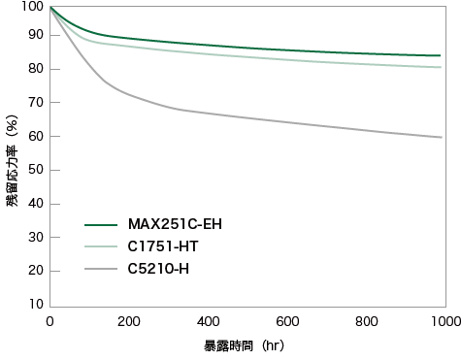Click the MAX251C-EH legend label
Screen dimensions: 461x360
pyautogui.click(x=175, y=224)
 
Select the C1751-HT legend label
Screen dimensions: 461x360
pyautogui.click(x=163, y=246)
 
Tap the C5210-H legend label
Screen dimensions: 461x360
pyautogui.click(x=158, y=269)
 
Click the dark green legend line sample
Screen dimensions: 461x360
pyautogui.click(x=101, y=225)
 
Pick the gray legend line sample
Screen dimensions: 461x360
pyautogui.click(x=101, y=269)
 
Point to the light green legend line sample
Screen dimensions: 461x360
pyautogui.click(x=101, y=246)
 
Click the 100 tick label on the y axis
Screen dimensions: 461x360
pyautogui.click(x=32, y=6)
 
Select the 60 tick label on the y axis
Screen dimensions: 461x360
pyautogui.click(x=36, y=136)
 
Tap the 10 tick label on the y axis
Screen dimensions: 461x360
pyautogui.click(x=36, y=304)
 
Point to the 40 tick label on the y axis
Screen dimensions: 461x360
pyautogui.click(x=36, y=204)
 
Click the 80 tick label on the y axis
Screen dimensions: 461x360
pyautogui.click(x=36, y=69)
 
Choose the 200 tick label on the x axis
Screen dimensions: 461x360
pyautogui.click(x=129, y=321)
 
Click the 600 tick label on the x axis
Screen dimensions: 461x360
pyautogui.click(x=287, y=321)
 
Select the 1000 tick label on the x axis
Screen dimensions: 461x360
pyautogui.click(x=446, y=321)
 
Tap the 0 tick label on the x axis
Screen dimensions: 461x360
pyautogui.click(x=49, y=321)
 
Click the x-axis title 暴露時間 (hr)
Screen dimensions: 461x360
pyautogui.click(x=245, y=346)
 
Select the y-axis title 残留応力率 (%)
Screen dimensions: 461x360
pyautogui.click(x=12, y=161)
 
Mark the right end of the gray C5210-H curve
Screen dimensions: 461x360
pyautogui.click(x=442, y=138)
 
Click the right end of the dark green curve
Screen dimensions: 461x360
pyautogui.click(x=440, y=55)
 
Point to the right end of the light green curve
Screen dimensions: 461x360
pyautogui.click(x=441, y=67)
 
